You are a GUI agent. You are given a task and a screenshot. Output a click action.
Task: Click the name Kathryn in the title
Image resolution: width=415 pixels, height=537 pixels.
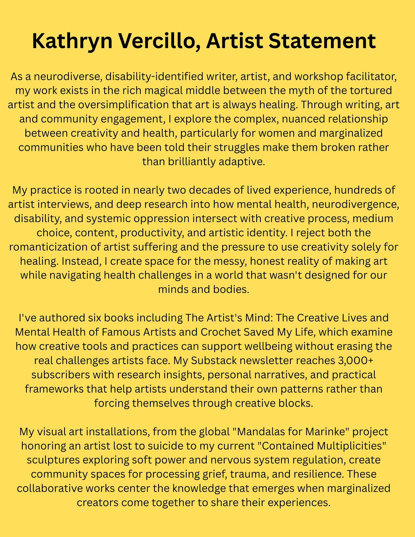pyautogui.click(x=72, y=41)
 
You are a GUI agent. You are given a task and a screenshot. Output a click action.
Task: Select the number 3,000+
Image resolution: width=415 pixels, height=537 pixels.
pyautogui.click(x=355, y=361)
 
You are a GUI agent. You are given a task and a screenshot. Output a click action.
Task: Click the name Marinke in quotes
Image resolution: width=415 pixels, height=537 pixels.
pyautogui.click(x=326, y=432)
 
